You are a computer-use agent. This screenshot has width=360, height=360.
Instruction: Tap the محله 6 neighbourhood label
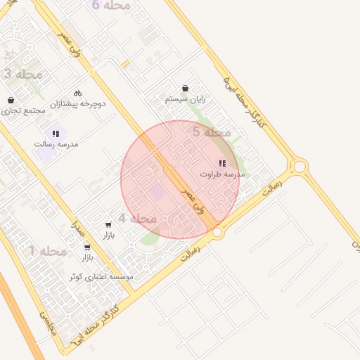point(111,6)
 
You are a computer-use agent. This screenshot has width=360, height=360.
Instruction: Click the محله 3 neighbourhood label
point(23,74)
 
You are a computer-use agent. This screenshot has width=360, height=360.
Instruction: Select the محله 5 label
point(212,132)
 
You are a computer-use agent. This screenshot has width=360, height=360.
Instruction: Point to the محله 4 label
point(137,219)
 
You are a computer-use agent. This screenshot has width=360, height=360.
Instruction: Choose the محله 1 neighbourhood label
point(48,251)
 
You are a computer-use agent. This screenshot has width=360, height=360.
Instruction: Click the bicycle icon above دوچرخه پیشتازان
point(77,93)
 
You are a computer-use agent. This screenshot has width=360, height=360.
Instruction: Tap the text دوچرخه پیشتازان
point(77,104)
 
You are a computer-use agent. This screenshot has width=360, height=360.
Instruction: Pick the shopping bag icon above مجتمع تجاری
point(11,101)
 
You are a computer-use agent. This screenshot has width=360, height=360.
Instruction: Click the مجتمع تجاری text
point(23,111)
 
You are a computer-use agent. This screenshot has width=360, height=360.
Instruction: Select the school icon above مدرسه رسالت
point(56,133)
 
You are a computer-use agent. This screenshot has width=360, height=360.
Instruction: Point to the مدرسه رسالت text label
point(56,144)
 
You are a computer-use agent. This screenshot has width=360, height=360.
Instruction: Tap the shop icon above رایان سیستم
point(185,89)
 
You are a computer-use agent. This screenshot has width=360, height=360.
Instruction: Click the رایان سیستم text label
point(185,100)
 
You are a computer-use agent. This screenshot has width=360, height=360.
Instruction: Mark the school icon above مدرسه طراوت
point(222,163)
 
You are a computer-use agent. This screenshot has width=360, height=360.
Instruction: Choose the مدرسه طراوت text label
point(222,174)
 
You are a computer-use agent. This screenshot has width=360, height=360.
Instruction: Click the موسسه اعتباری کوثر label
point(101,278)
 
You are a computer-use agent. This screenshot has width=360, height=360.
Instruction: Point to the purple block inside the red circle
point(156,191)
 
